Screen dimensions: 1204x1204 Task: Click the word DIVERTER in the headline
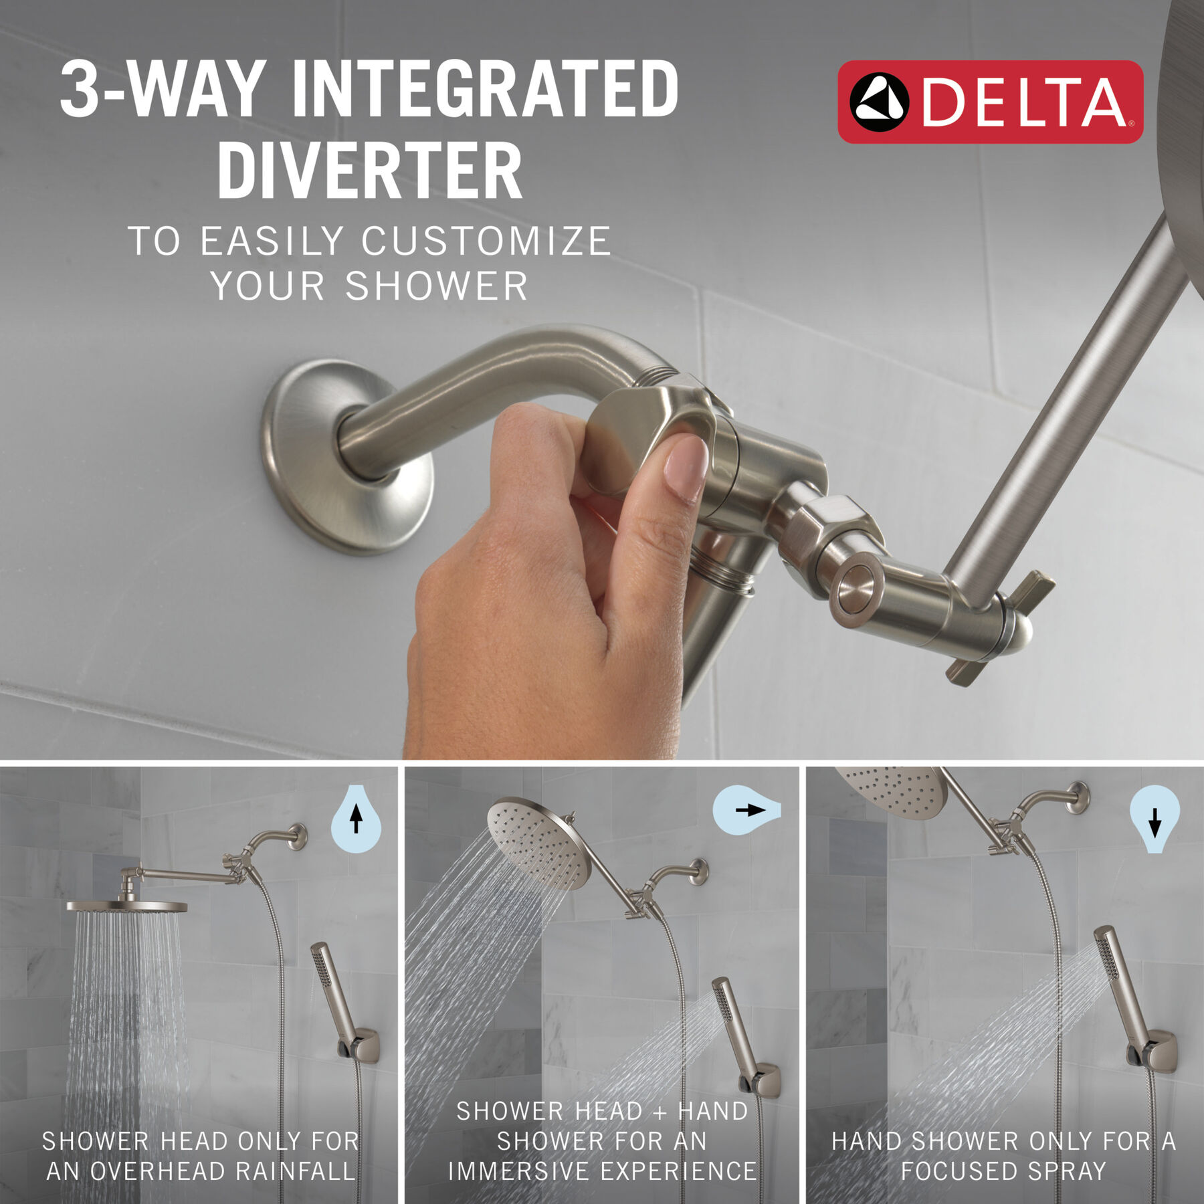click(370, 171)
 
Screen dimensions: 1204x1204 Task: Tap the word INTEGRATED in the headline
click(485, 89)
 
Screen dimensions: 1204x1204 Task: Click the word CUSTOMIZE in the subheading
click(486, 241)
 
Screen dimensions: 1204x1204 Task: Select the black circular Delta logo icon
click(879, 102)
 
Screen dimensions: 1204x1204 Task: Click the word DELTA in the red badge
click(1023, 102)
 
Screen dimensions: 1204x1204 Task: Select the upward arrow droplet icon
click(356, 819)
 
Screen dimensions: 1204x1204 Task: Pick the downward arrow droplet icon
click(1154, 819)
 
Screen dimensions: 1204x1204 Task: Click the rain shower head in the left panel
click(127, 906)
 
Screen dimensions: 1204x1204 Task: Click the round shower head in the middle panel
click(535, 843)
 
